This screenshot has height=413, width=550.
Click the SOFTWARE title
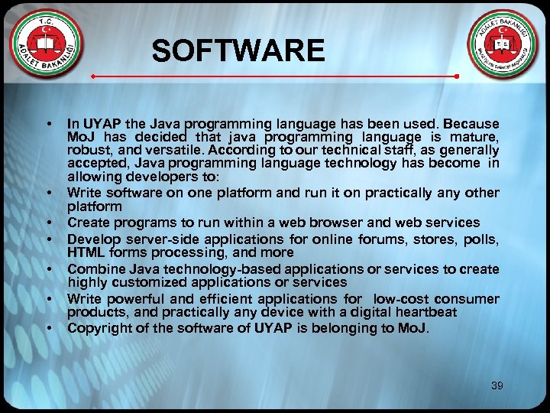pos(238,51)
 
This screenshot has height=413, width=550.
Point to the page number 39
pos(497,386)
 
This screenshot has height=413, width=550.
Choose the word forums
pos(390,239)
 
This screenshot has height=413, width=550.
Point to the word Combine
pos(95,269)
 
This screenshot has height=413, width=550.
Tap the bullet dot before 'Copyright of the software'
pos(49,329)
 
